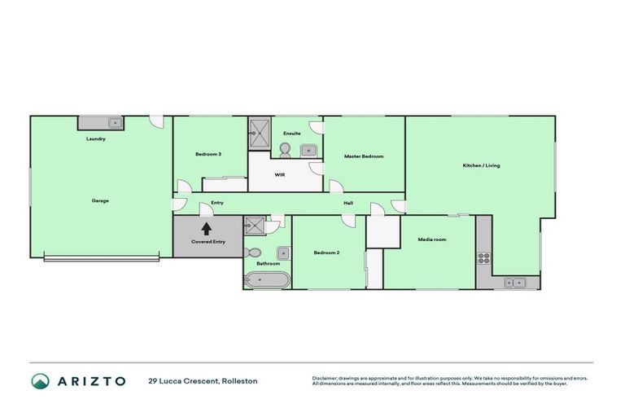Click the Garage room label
point(100,200)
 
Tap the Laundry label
point(96,139)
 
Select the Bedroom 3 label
point(208,154)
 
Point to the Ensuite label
point(292,133)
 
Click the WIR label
point(279,174)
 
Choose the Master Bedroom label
point(363,156)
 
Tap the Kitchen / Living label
point(481,165)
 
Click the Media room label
point(432,239)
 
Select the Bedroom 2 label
point(326,252)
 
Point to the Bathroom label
point(269,263)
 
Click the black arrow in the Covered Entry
point(207,230)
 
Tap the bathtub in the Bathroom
point(266,280)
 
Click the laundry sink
point(114,123)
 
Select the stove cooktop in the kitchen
point(483,258)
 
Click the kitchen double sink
point(514,283)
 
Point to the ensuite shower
point(260,133)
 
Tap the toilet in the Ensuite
point(285,149)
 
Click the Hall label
point(347,203)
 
